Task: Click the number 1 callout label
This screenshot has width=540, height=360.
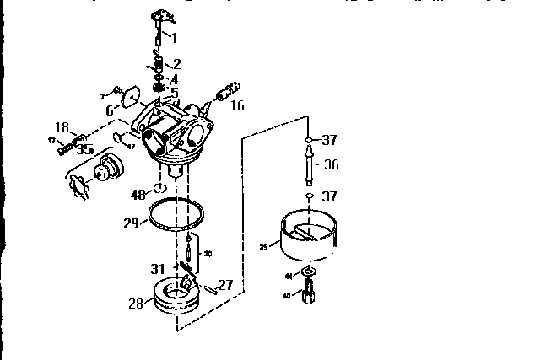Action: (x=174, y=37)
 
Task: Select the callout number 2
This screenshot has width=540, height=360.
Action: (x=176, y=64)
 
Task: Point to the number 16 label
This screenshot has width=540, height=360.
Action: (x=237, y=105)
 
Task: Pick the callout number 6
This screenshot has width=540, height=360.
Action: (x=110, y=110)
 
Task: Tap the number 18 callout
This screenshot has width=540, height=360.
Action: (x=62, y=127)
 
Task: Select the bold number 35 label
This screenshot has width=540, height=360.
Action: (x=84, y=150)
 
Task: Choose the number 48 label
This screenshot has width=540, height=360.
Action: (x=138, y=195)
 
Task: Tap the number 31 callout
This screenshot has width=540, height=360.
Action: (x=158, y=269)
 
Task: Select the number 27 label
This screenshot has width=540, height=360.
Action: (x=224, y=285)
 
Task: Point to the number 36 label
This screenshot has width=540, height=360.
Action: (x=331, y=165)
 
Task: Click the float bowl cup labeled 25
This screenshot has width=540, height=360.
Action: (x=308, y=239)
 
